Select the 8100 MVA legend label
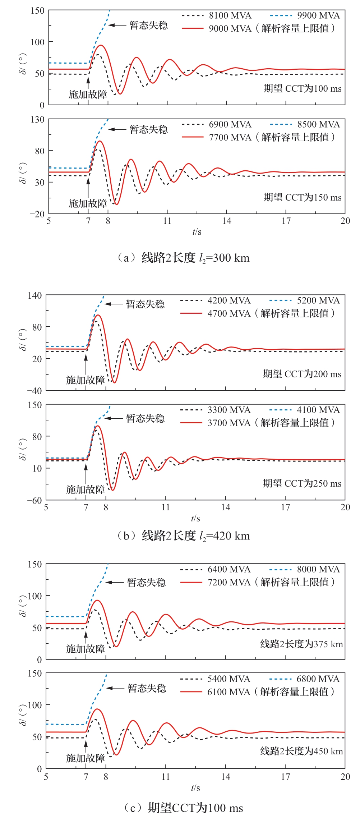click(230, 15)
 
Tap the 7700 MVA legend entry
click(230, 137)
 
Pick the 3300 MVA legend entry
click(229, 410)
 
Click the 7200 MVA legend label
click(229, 583)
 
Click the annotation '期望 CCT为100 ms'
click(303, 88)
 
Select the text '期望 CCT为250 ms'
click(302, 483)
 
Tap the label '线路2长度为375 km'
click(301, 644)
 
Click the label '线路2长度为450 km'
click(301, 751)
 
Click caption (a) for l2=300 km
click(183, 258)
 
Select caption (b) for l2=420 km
click(183, 536)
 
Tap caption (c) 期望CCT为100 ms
click(183, 808)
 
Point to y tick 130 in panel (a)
click(37, 119)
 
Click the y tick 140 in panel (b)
click(35, 296)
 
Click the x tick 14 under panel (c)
click(226, 777)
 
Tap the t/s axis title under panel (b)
click(195, 518)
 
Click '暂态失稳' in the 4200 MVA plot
click(145, 304)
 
